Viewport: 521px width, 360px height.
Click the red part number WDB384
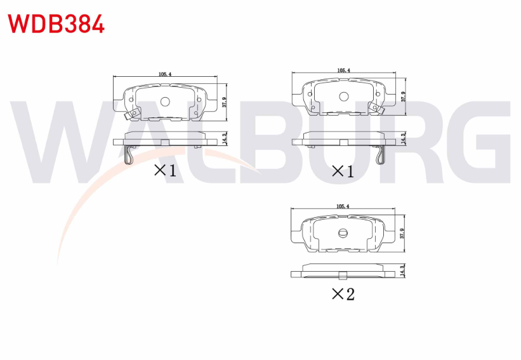click(x=56, y=24)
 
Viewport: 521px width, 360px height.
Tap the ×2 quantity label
click(x=343, y=294)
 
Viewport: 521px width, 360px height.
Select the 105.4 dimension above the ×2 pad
click(x=343, y=206)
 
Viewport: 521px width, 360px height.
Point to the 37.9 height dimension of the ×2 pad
click(x=402, y=234)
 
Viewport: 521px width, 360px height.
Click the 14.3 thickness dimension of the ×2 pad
click(x=402, y=271)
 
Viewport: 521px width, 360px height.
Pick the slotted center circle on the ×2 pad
click(x=343, y=233)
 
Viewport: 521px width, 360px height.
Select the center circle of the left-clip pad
click(x=165, y=102)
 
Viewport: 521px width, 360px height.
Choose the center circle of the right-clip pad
click(x=343, y=97)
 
